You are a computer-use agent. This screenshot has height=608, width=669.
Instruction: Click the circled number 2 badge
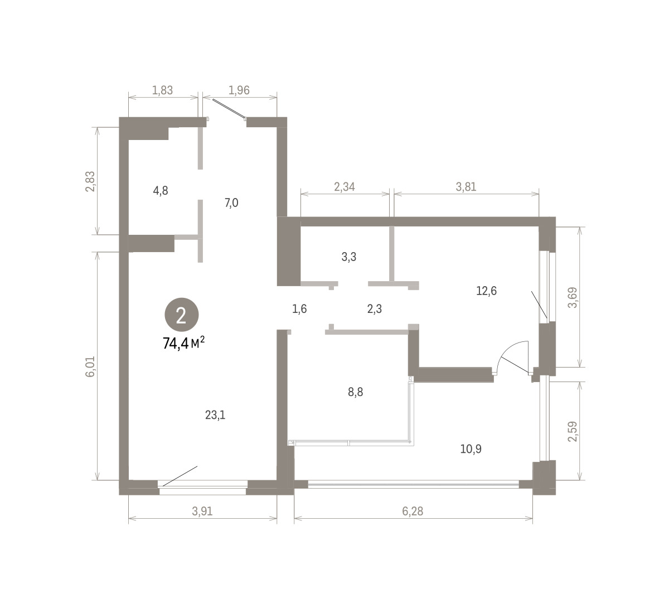click(182, 315)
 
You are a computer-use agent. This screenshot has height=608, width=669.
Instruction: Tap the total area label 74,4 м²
click(184, 343)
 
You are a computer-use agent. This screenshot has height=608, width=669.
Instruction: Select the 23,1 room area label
click(215, 415)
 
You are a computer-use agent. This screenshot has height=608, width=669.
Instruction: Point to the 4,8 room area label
click(161, 191)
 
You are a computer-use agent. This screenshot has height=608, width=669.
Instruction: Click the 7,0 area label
click(231, 203)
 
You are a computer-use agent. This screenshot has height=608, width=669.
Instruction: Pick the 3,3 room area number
click(349, 257)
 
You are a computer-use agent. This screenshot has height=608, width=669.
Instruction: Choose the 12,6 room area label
click(486, 291)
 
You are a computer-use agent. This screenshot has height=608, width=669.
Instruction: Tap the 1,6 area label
click(299, 309)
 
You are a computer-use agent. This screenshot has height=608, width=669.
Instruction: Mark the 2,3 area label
click(375, 309)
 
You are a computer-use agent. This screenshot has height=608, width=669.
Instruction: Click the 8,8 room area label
click(355, 392)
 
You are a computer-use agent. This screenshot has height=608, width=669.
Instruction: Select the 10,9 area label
click(471, 449)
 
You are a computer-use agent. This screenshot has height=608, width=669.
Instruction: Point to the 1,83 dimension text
click(162, 90)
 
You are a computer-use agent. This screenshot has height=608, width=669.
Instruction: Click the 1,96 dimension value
click(239, 90)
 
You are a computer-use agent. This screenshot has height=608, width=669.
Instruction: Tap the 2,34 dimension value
click(345, 186)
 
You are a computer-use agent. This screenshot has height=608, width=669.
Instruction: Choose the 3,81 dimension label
click(466, 186)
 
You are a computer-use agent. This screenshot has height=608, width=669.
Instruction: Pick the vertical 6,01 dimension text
click(90, 366)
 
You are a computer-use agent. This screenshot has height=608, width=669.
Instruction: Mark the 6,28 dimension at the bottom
click(413, 512)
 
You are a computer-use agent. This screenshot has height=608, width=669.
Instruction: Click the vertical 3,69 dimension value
click(573, 297)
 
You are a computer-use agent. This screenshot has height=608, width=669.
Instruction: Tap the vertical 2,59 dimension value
click(573, 432)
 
